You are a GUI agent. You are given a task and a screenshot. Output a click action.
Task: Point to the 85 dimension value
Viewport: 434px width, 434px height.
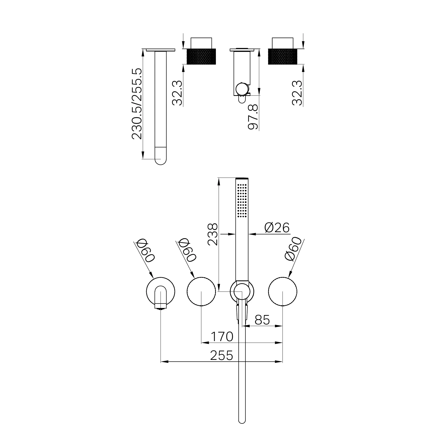coord(262,320)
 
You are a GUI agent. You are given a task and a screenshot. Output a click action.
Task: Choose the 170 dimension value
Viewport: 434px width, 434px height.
coord(222,337)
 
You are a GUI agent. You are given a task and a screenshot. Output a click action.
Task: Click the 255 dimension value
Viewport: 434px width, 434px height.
coord(222,355)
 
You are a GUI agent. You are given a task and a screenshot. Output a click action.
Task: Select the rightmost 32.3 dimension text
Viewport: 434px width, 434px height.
coord(297,93)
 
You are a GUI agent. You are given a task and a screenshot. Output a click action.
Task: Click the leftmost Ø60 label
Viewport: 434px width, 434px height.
coord(146,251)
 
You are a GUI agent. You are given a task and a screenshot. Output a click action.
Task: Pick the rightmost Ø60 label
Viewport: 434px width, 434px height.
coord(293,249)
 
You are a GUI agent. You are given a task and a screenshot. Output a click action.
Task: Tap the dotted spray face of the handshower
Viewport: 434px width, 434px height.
coord(242,200)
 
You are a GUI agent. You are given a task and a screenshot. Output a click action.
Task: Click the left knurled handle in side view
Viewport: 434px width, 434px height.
coord(201,56)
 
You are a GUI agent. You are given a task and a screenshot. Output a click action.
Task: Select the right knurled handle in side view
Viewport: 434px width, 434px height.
coord(282,56)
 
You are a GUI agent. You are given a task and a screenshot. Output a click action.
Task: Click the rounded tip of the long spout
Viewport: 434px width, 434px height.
coord(161,160)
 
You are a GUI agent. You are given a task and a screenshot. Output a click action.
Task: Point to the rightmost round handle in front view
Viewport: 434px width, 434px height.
coord(282,292)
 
